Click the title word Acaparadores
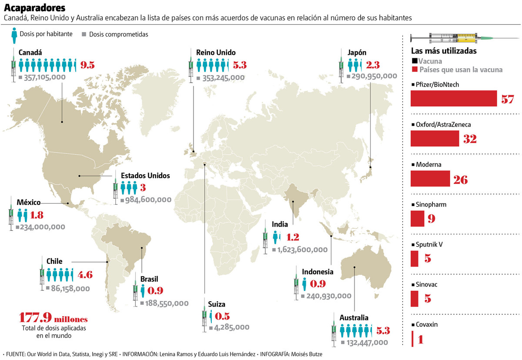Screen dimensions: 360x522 [35, 8]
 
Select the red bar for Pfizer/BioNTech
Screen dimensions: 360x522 [453, 98]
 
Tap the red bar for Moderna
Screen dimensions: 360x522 [430, 179]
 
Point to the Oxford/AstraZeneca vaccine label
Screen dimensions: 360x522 [443, 125]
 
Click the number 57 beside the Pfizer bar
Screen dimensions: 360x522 [507, 99]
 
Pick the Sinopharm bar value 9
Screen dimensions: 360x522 [431, 219]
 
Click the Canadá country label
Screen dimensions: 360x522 [30, 52]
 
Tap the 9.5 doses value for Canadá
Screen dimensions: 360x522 [87, 65]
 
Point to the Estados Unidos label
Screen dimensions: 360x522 [145, 176]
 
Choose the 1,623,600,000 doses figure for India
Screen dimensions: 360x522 [302, 250]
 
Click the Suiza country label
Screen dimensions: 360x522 [216, 304]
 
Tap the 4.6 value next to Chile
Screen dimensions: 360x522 [85, 275]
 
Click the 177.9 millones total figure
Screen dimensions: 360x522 [54, 318]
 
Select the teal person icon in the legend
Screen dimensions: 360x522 [15, 33]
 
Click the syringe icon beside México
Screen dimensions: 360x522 [11, 213]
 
